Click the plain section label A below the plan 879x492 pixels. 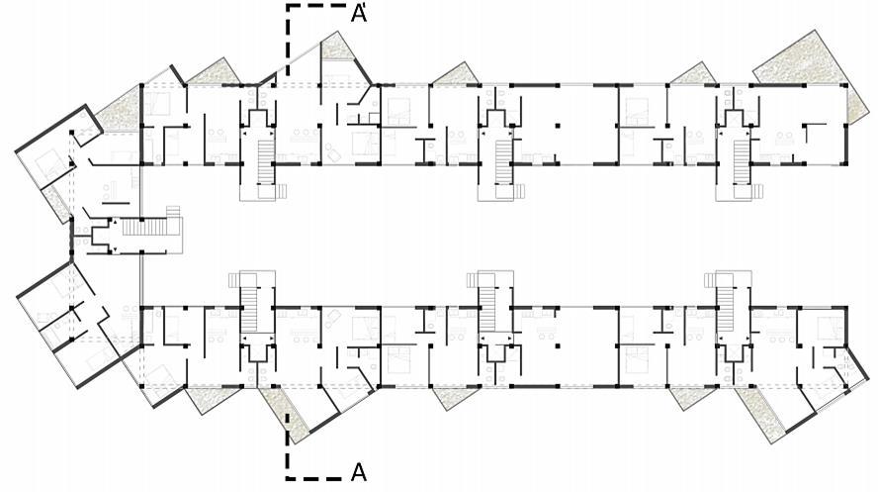359,472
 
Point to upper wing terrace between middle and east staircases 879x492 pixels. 692,75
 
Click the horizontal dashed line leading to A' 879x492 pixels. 316,6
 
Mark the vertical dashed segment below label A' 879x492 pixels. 288,40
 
